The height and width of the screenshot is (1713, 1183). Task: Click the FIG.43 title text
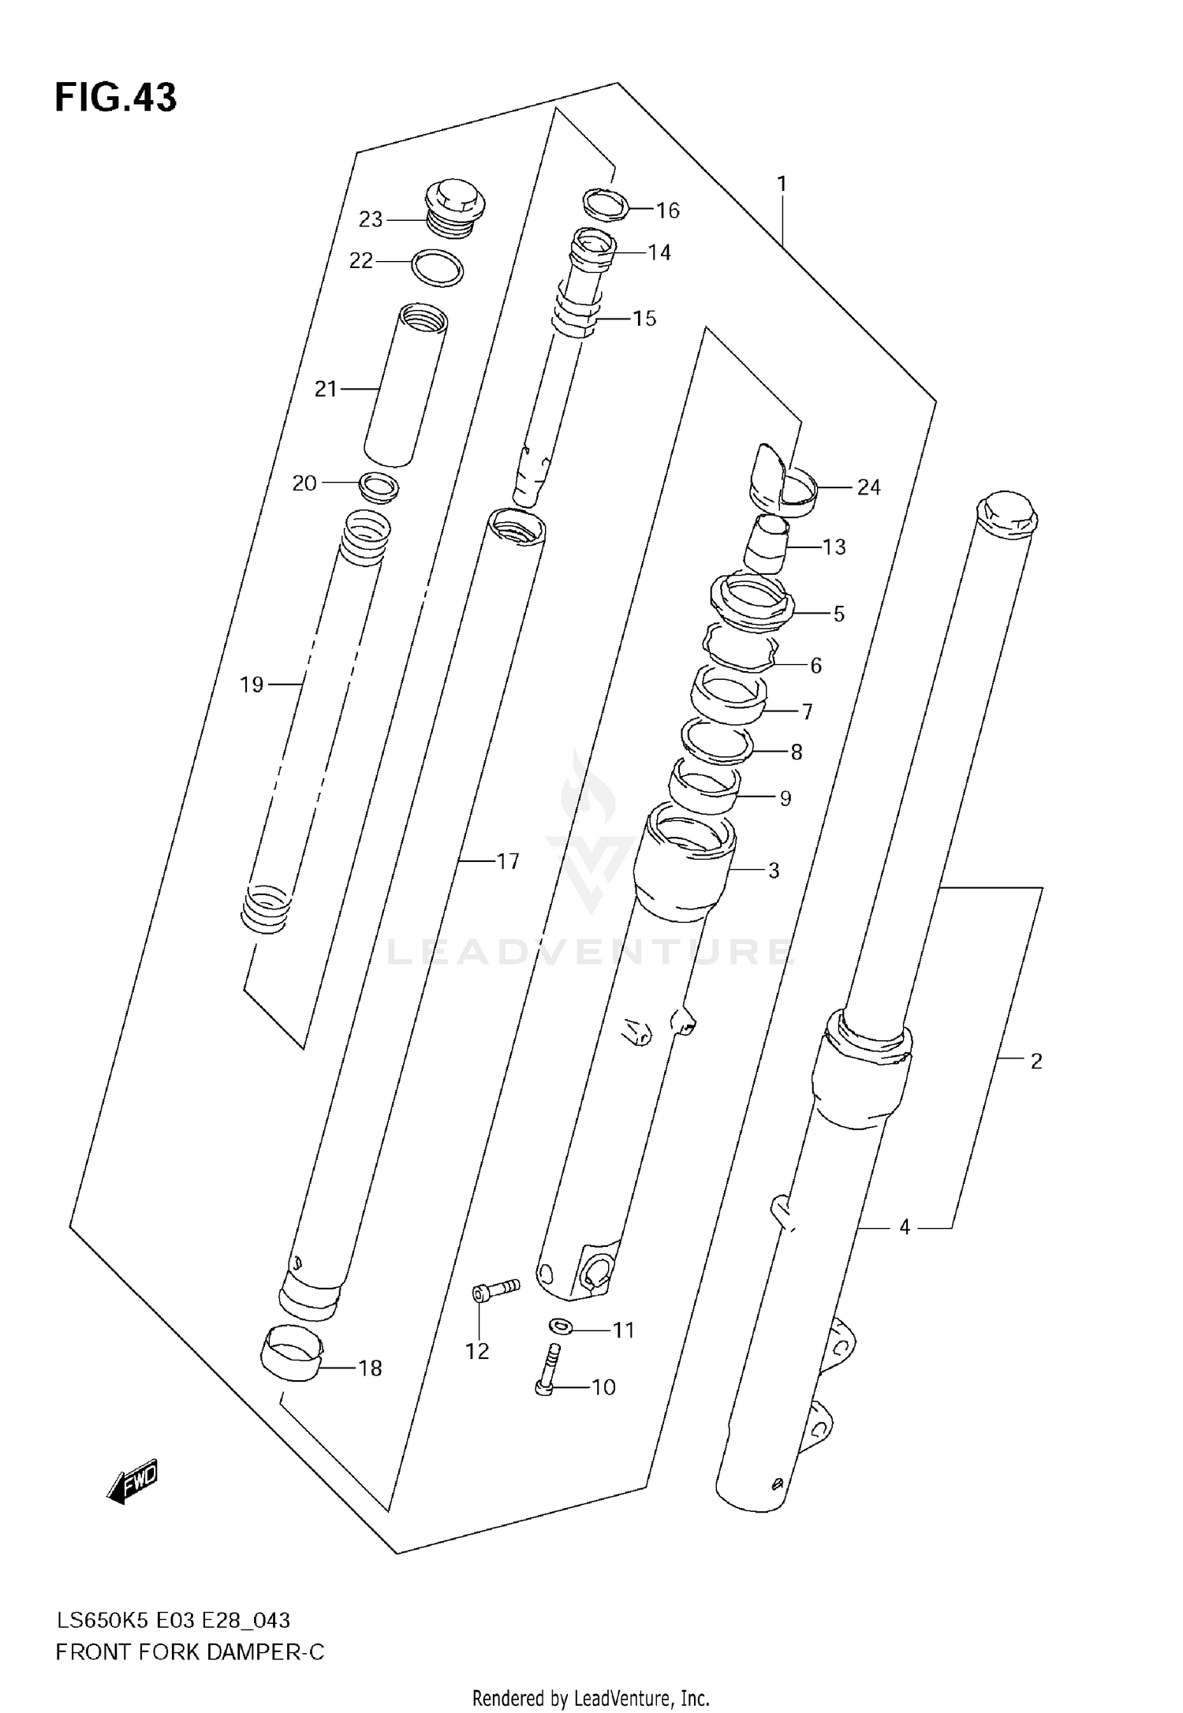tap(116, 98)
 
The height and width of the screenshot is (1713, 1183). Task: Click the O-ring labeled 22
tap(438, 268)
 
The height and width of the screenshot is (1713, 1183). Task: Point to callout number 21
tap(326, 389)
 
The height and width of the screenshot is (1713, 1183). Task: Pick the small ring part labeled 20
tap(379, 487)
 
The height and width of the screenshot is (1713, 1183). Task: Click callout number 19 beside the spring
tap(252, 685)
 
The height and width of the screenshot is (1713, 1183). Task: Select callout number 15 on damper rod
tap(644, 319)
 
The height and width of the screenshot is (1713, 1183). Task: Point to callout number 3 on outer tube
tap(774, 871)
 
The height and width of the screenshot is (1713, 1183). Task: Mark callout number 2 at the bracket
tap(1036, 1061)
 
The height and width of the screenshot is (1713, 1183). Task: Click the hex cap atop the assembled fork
tap(1006, 515)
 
